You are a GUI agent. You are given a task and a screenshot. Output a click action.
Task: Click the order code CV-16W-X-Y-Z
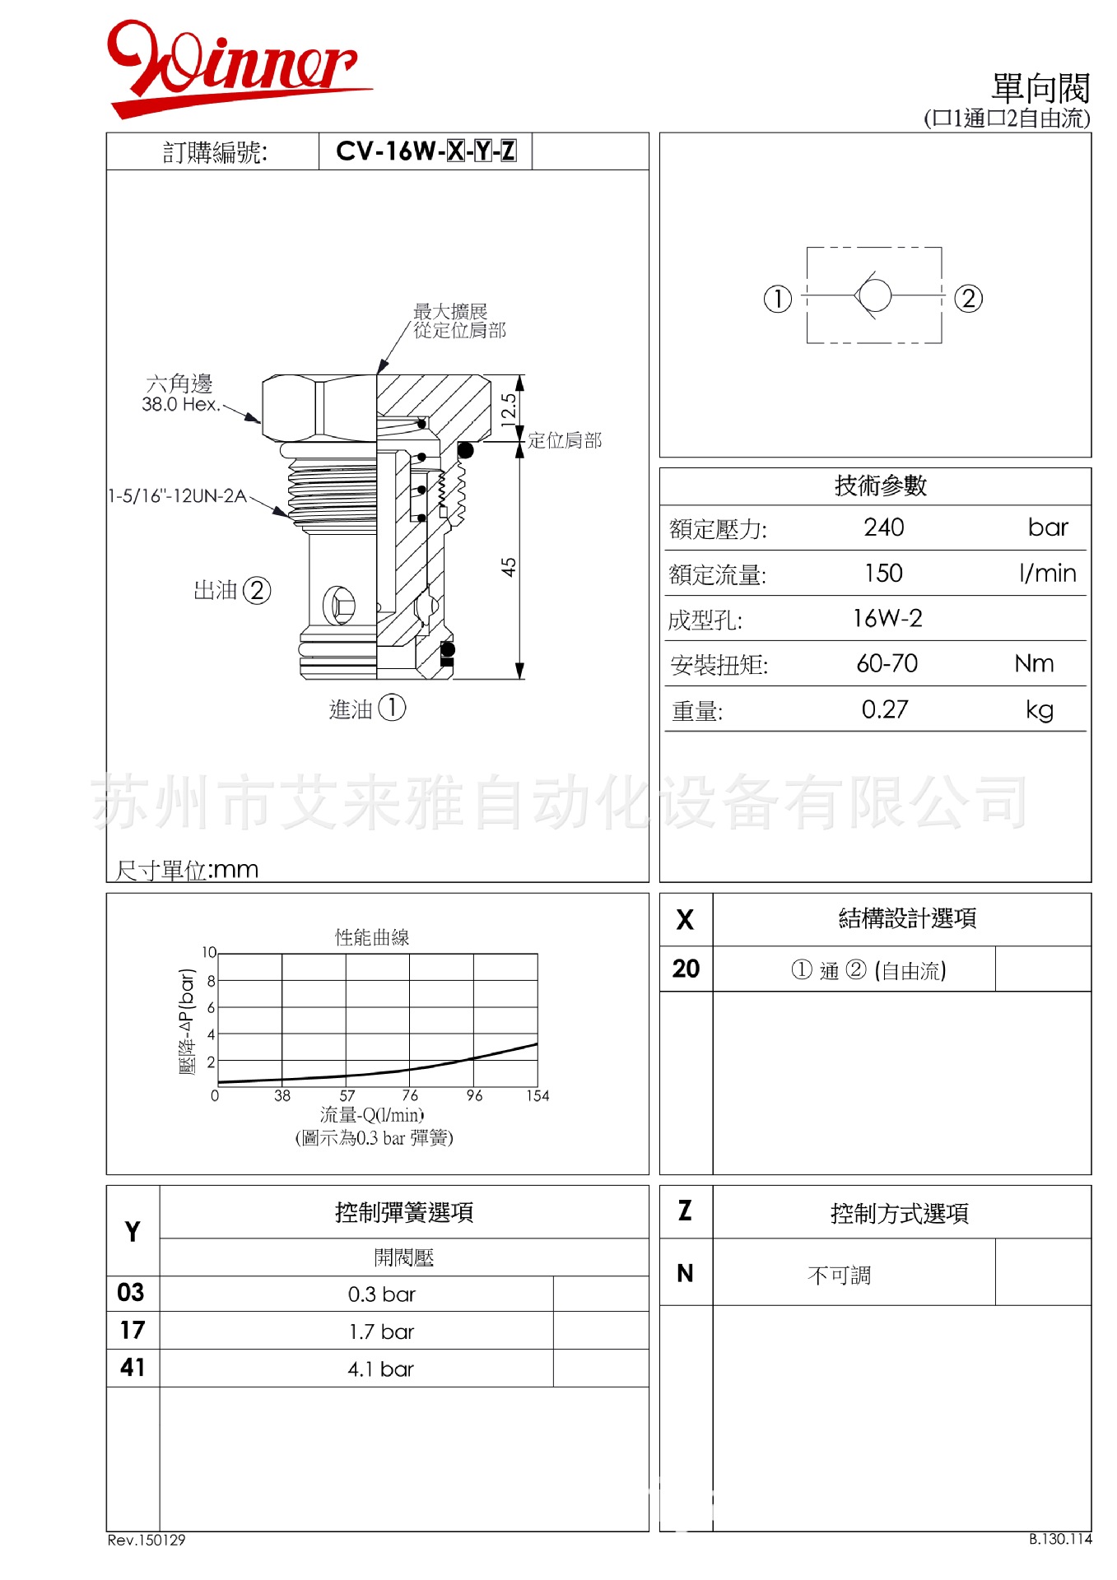pos(426,151)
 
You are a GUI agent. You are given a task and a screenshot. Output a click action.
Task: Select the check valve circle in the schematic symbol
pos(874,295)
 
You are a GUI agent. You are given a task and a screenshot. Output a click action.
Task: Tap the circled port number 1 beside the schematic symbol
pos(777,298)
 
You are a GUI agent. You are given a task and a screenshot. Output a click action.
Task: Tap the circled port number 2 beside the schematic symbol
pos(968,298)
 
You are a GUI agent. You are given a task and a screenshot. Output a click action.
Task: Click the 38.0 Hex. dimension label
pos(180,404)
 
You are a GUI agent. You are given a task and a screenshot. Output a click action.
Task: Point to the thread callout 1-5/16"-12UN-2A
pos(177,496)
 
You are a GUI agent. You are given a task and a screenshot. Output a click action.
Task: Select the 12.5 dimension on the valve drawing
pos(509,408)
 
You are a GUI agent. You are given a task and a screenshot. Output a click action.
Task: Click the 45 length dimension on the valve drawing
pos(509,567)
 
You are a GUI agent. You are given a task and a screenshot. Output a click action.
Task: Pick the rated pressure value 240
pos(883,527)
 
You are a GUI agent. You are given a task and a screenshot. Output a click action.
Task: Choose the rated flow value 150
pos(883,574)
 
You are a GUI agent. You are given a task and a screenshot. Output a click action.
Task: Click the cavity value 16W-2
pos(887,619)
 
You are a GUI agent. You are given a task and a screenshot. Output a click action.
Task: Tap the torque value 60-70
pos(887,664)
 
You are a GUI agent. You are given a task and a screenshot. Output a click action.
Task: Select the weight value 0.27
pos(885,710)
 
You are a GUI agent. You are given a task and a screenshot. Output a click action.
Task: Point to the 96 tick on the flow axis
pos(474,1096)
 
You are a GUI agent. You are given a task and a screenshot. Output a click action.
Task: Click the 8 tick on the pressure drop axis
pos(211,981)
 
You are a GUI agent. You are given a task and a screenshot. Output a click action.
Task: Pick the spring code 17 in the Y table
pos(132,1331)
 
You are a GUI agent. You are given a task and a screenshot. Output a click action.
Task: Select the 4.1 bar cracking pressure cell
pos(380,1369)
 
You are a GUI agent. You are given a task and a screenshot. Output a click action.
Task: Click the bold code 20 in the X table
pos(686,969)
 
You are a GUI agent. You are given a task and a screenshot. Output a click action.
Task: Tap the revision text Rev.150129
pos(147,1540)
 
